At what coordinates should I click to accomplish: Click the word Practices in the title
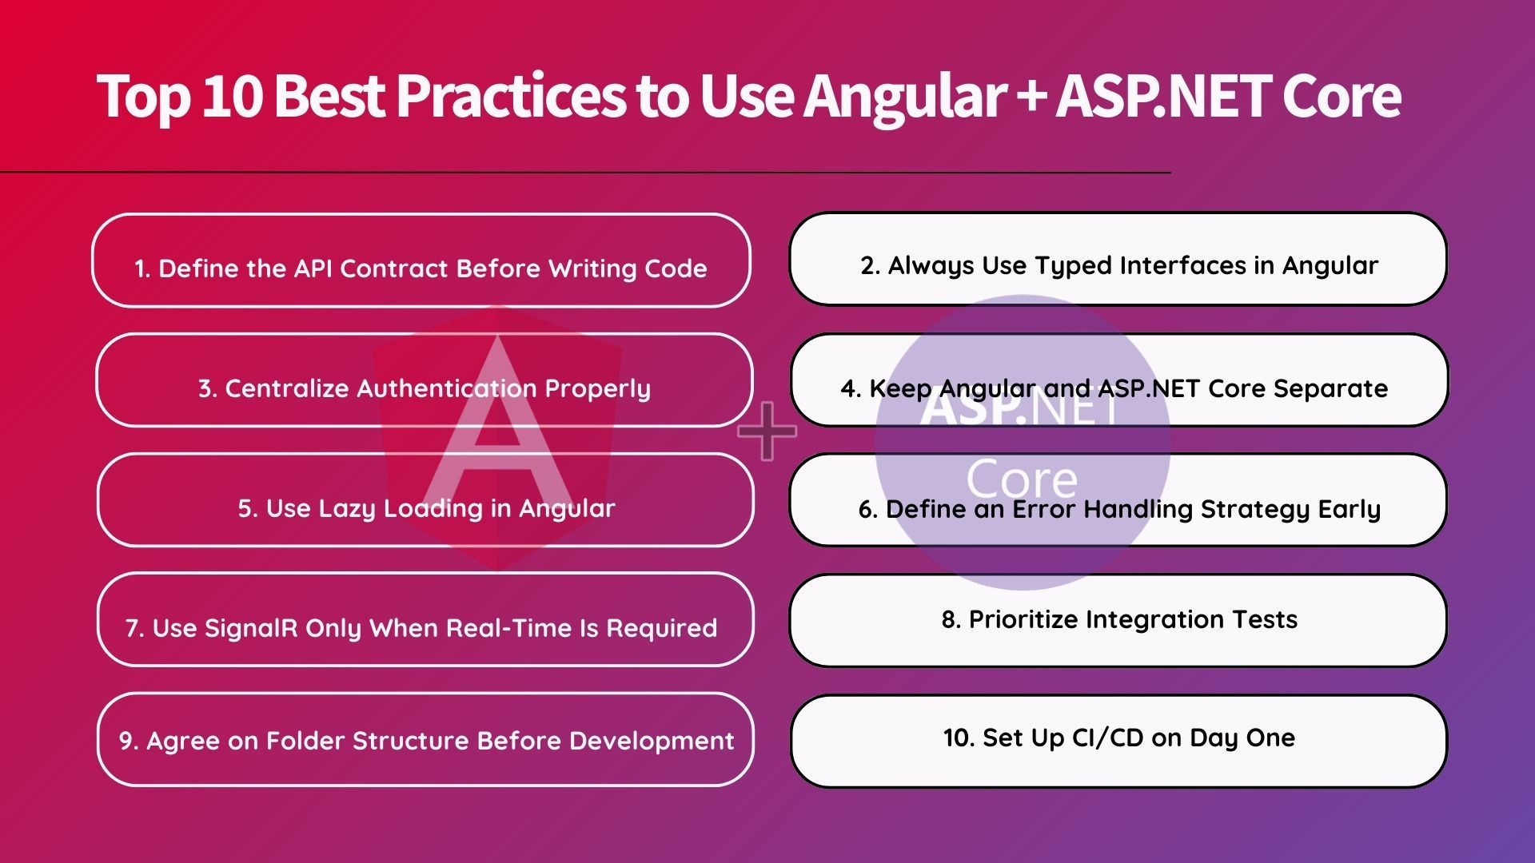(512, 96)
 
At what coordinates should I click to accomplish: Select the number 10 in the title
(233, 96)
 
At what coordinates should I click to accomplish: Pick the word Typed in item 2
(1074, 266)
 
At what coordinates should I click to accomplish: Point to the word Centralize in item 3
(286, 388)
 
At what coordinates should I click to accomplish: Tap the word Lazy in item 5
(347, 509)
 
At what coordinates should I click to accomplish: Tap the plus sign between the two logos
(767, 431)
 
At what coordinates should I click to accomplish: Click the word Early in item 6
(1350, 509)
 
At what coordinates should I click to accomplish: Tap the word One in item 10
(1270, 738)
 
